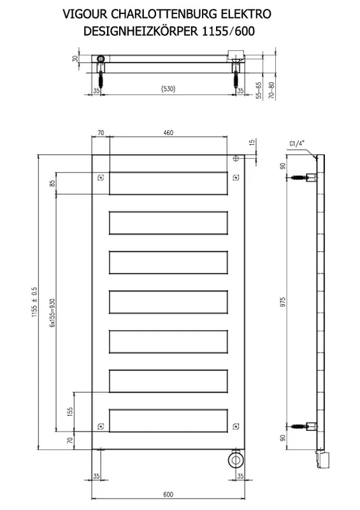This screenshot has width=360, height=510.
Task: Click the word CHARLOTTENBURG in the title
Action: tap(165, 14)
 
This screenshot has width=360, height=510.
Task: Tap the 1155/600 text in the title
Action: tap(229, 31)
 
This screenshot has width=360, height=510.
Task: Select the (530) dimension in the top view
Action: tap(168, 89)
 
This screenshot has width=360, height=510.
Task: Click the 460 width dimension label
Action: tap(168, 133)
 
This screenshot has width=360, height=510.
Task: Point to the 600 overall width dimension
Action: tap(168, 495)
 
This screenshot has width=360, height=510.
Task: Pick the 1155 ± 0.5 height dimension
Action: tap(34, 302)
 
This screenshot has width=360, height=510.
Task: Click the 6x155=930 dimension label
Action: tap(52, 313)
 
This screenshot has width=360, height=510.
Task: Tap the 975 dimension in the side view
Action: tap(283, 302)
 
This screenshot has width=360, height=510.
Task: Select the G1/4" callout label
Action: tap(296, 143)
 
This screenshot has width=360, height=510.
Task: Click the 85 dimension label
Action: tap(52, 184)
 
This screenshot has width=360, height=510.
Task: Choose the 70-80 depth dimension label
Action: tap(272, 90)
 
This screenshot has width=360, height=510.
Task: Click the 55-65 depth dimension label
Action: tap(259, 90)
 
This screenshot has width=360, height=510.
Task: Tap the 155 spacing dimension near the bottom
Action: tap(70, 412)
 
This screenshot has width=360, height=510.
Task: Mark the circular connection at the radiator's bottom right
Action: tap(235, 459)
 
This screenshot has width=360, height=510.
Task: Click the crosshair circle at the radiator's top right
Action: tap(236, 158)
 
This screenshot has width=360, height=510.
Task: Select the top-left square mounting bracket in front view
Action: tap(101, 178)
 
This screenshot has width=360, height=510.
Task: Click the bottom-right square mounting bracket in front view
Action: tap(236, 426)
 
